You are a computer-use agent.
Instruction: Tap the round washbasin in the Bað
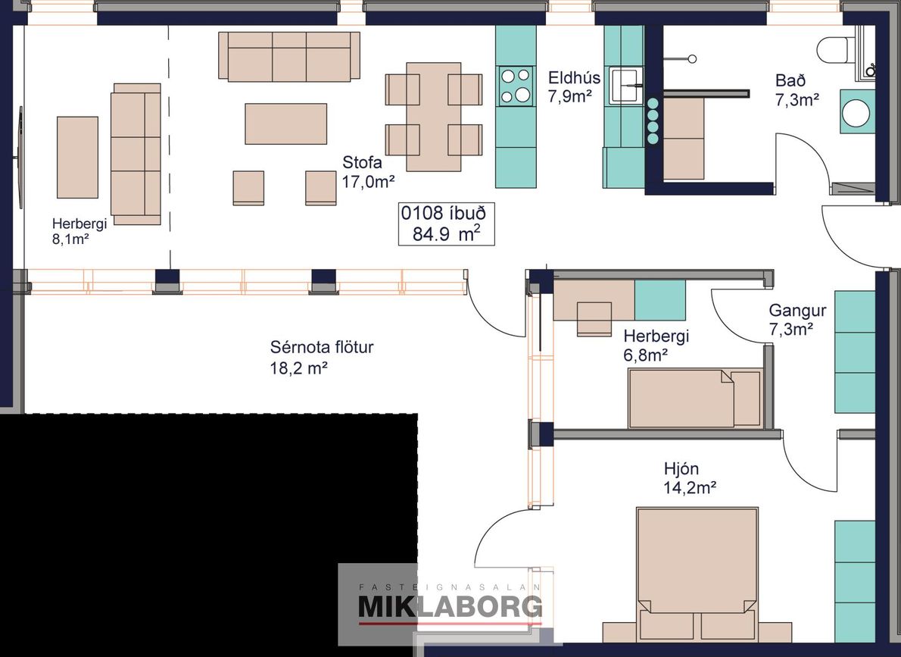coord(858,111)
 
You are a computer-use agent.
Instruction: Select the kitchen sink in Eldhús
coord(626,86)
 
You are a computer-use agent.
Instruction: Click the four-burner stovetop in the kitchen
coord(516,86)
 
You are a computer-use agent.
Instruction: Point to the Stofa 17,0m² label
coord(368,172)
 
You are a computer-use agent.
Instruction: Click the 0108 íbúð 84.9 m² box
coord(447,224)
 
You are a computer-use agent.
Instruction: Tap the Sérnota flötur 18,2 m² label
coord(322,357)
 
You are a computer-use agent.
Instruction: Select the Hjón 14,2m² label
coord(690,478)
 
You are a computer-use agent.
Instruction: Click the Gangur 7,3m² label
coord(797,320)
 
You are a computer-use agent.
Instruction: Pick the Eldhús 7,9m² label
coord(573,87)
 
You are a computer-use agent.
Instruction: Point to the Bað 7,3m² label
coord(797,89)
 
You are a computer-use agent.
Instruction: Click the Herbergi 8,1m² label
coord(79,231)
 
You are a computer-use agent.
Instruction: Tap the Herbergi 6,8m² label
coord(656,346)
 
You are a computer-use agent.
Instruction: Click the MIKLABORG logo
coord(450,606)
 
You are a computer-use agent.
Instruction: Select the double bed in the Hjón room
coord(697,574)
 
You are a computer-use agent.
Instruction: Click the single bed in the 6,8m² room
coord(694,399)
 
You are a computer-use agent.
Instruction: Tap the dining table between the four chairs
coord(434,117)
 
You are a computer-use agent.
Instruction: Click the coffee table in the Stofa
coord(285,124)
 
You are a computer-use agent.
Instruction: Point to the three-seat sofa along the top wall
coord(289,56)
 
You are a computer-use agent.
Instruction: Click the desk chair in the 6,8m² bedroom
coord(594,319)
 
